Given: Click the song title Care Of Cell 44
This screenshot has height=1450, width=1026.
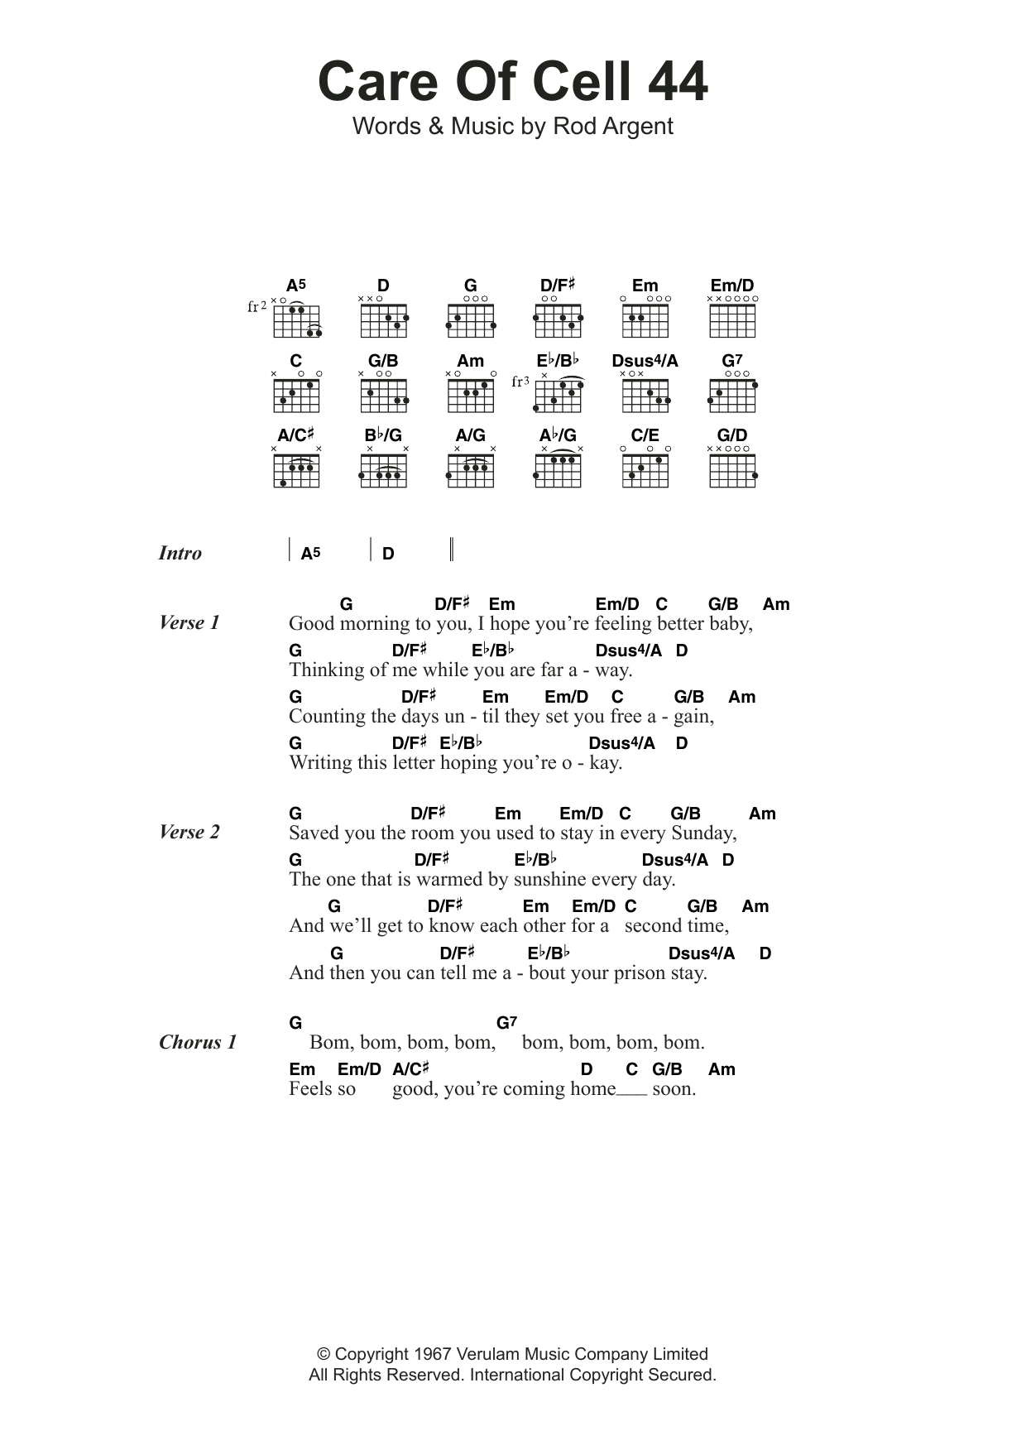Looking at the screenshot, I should (512, 82).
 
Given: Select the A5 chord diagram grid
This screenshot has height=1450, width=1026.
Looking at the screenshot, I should (296, 320).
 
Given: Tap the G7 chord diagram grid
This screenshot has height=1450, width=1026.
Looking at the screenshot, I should (732, 396).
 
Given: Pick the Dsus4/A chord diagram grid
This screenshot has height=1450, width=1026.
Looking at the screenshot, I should (645, 396).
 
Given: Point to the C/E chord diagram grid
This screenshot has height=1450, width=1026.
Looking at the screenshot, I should (645, 471).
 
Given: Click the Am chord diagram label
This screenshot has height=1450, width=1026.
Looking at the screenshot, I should (470, 361).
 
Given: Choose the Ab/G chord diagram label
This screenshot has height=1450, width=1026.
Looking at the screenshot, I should (558, 435).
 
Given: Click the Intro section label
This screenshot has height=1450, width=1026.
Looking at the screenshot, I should (180, 553).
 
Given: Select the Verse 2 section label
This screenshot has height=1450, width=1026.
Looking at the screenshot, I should (189, 832).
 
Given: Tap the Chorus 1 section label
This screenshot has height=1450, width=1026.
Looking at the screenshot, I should (198, 1042).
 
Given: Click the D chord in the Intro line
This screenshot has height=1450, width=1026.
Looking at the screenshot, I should (388, 554).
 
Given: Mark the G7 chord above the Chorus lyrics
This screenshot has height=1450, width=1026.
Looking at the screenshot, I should (506, 1023).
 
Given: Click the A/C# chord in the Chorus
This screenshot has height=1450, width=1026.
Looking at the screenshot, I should (410, 1069).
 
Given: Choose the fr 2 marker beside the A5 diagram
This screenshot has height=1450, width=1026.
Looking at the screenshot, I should (257, 306).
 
